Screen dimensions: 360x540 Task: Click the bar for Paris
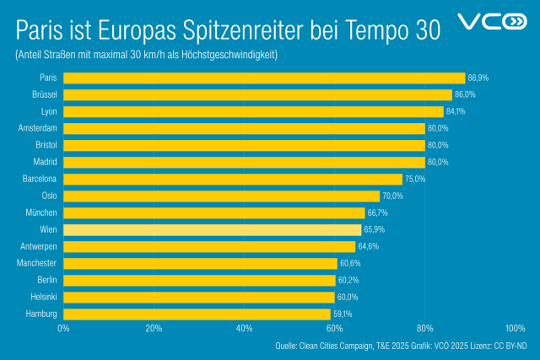(264, 78)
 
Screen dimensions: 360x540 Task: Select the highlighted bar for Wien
(212, 229)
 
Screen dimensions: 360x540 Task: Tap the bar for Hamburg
(197, 314)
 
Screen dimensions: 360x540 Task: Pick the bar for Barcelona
(233, 179)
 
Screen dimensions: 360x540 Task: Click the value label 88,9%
(478, 78)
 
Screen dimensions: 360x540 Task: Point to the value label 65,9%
(374, 229)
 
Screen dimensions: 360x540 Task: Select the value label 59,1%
(343, 314)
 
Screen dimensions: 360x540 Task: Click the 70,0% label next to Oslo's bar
(392, 196)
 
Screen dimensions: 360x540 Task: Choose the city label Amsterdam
(37, 128)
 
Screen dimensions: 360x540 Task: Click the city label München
(40, 212)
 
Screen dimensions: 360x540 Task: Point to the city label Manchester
(36, 263)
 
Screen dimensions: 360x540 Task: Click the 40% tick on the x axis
(244, 328)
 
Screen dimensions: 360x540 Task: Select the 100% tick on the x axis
(515, 328)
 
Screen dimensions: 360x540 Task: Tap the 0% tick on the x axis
(63, 328)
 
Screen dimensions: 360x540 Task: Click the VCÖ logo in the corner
(491, 22)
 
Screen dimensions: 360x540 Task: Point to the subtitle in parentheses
(146, 55)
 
